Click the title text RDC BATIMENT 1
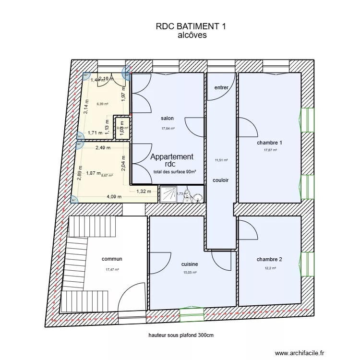[191, 27]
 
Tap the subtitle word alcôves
[192, 35]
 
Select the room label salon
[168, 119]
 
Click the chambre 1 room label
[269, 143]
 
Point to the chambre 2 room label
[269, 259]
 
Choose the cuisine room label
[190, 264]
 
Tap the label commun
[112, 259]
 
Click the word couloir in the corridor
[221, 180]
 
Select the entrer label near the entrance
[221, 87]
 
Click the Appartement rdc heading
[172, 160]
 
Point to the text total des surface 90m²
[175, 172]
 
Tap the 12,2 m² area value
[270, 268]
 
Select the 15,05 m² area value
[190, 273]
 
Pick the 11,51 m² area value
[221, 160]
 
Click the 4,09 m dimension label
[114, 196]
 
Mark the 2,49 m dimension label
[103, 148]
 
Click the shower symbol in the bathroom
[168, 194]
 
